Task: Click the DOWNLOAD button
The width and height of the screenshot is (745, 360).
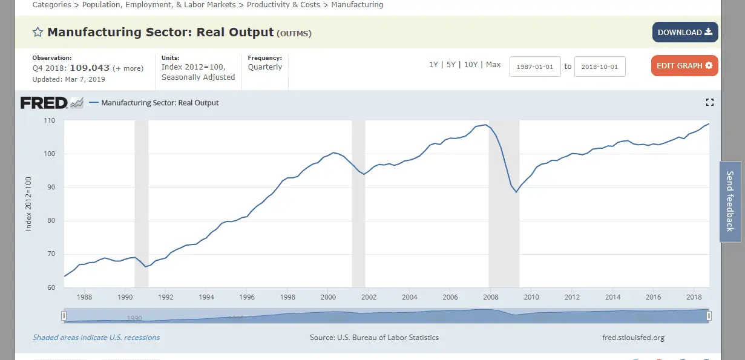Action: tap(684, 33)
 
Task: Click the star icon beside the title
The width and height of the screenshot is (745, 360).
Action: tap(38, 32)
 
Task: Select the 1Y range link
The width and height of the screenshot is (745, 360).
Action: tap(433, 65)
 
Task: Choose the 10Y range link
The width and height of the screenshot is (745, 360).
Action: tap(470, 65)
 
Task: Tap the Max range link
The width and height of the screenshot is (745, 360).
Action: tap(493, 65)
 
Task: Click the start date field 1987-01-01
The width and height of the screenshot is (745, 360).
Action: tap(535, 67)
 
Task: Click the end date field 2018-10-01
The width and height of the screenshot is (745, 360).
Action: tap(599, 67)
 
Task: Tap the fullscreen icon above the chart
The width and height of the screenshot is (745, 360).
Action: tap(710, 102)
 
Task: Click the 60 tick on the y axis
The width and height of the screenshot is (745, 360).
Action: tap(51, 287)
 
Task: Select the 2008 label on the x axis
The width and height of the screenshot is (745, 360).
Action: tap(491, 297)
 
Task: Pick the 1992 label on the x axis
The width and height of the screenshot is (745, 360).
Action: tap(166, 297)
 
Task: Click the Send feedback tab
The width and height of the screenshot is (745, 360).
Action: tap(729, 201)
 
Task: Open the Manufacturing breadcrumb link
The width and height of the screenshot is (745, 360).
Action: tap(357, 5)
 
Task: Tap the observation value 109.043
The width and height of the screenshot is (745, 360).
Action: tap(90, 68)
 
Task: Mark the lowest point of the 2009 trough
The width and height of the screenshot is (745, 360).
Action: tap(516, 192)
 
